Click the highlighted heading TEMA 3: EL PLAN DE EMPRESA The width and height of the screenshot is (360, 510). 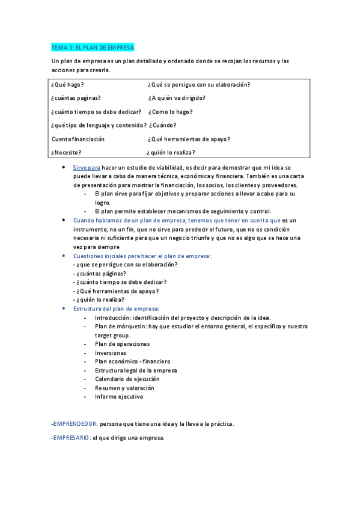[x=93, y=47]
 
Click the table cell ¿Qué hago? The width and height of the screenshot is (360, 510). [x=67, y=84]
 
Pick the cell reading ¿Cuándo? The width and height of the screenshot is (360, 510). [x=162, y=125]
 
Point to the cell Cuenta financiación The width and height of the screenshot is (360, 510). [x=78, y=139]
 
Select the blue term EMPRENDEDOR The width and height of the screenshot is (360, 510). [x=75, y=423]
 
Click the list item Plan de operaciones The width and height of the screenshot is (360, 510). [x=122, y=344]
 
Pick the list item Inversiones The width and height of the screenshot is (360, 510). [x=111, y=353]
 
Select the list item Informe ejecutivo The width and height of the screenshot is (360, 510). [x=119, y=396]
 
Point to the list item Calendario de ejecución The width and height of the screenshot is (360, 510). [x=127, y=379]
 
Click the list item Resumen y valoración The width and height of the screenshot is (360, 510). [x=124, y=388]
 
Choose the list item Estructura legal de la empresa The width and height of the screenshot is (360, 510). [x=136, y=370]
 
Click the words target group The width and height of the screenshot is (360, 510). [x=112, y=335]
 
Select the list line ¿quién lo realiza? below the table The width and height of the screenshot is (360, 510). [x=99, y=300]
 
